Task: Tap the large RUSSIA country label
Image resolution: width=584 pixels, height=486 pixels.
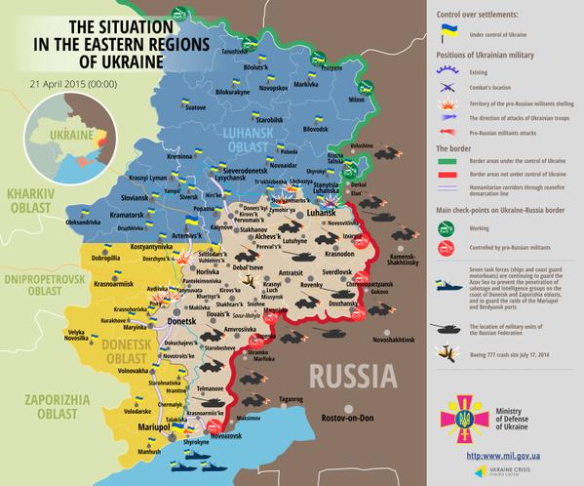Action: [361, 377]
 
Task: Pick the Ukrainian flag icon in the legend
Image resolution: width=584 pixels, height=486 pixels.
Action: [450, 33]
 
